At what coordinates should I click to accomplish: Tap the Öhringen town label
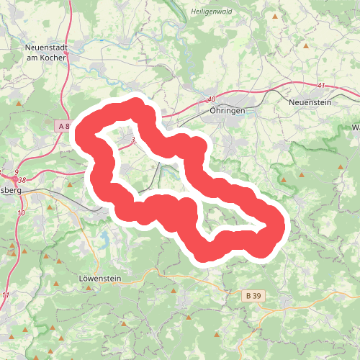pyautogui.click(x=228, y=112)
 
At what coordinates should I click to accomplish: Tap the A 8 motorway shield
pyautogui.click(x=63, y=126)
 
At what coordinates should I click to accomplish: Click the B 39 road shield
pyautogui.click(x=251, y=295)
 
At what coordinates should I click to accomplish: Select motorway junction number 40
pyautogui.click(x=211, y=99)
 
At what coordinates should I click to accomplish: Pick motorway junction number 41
pyautogui.click(x=320, y=86)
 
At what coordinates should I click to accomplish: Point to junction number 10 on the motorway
pyautogui.click(x=21, y=213)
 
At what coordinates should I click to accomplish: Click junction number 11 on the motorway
pyautogui.click(x=7, y=296)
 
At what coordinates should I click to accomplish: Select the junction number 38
pyautogui.click(x=22, y=180)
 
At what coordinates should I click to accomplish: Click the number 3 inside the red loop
pyautogui.click(x=133, y=140)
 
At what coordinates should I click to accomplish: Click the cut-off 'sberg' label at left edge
pyautogui.click(x=11, y=190)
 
